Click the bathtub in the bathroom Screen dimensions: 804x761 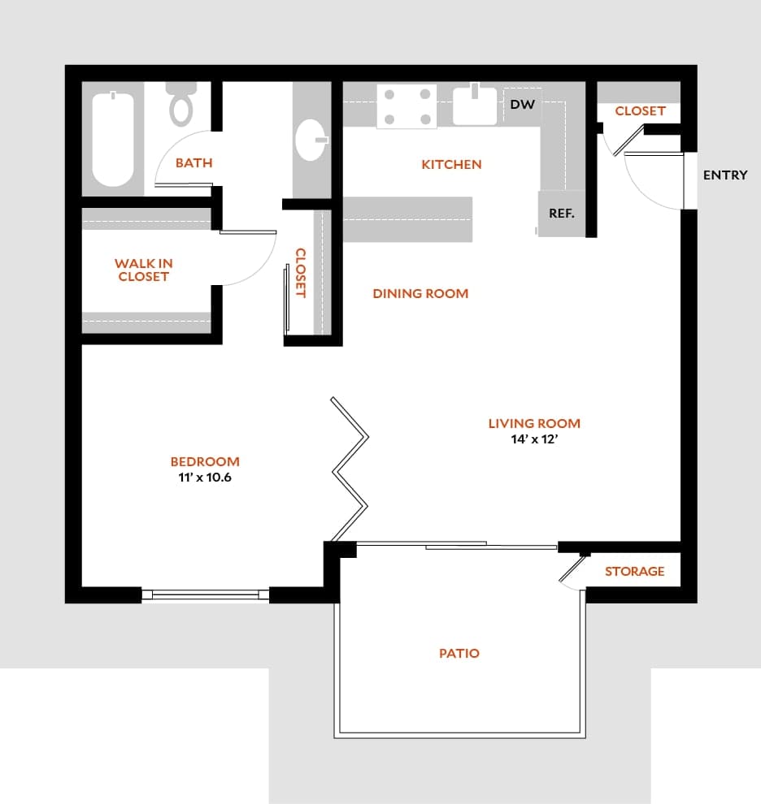[x=112, y=139]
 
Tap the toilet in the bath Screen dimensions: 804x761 [x=180, y=103]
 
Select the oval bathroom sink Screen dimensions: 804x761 [x=311, y=140]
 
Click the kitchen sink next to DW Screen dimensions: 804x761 [x=475, y=106]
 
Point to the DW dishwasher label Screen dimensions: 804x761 [x=522, y=105]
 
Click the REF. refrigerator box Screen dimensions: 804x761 [x=562, y=214]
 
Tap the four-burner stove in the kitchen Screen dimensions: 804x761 [x=407, y=106]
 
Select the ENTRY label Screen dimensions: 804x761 [x=724, y=175]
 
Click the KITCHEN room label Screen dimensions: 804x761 [x=451, y=165]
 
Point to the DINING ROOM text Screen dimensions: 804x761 [x=420, y=293]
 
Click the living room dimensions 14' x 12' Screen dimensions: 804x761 [x=533, y=439]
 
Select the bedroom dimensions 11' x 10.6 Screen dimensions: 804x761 [x=205, y=478]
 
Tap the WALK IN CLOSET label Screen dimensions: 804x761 [x=143, y=270]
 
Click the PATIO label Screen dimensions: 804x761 [x=459, y=653]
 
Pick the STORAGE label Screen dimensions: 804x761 [x=634, y=572]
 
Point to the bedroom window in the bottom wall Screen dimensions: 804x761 [x=205, y=594]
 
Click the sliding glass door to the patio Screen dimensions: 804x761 [x=455, y=545]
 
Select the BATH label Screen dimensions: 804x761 [x=194, y=163]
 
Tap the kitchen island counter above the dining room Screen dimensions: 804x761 [x=407, y=219]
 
